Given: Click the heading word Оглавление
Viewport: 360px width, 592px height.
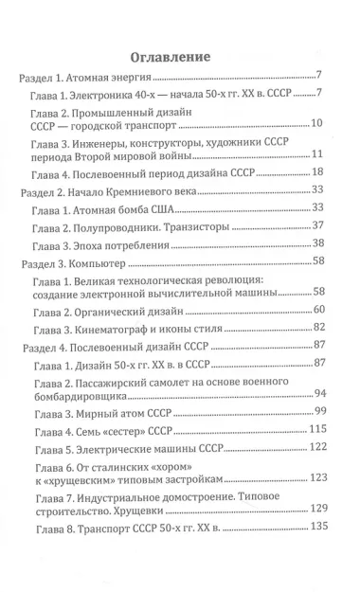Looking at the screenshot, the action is tap(180, 56).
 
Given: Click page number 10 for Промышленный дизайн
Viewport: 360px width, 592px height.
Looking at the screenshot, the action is tap(317, 124).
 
